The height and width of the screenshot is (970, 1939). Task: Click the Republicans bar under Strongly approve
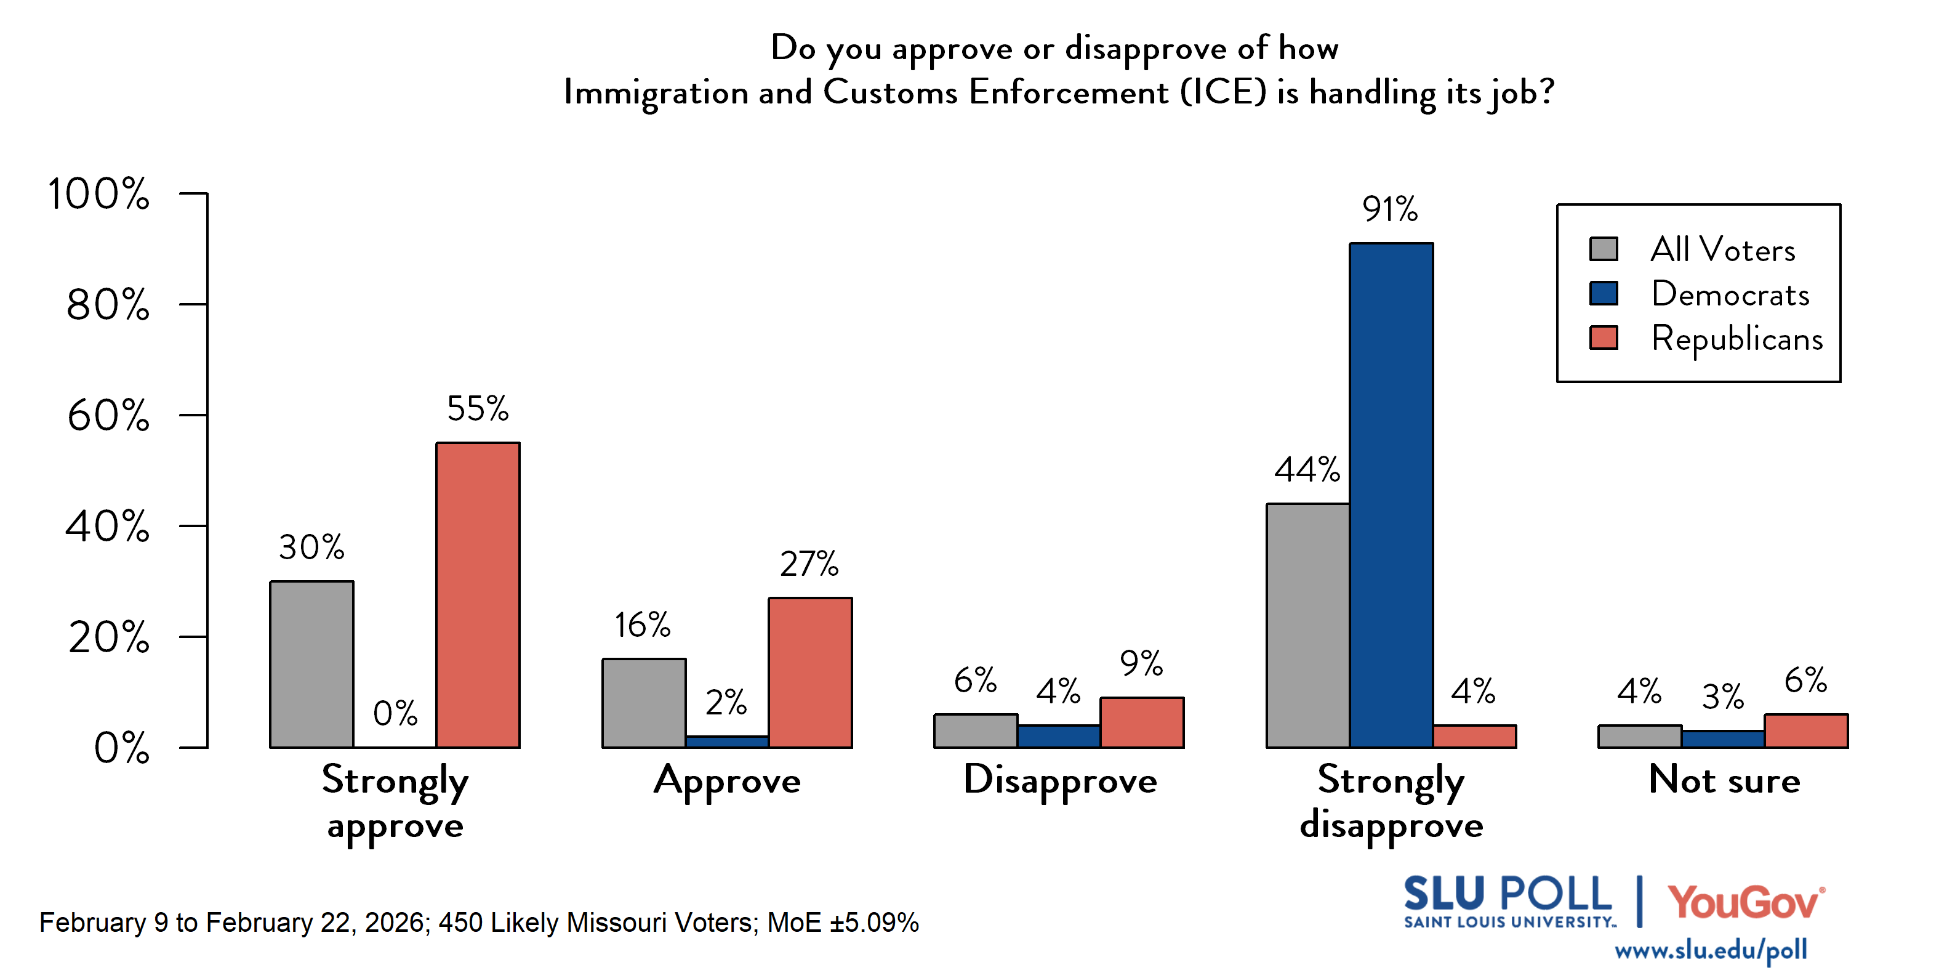tap(478, 595)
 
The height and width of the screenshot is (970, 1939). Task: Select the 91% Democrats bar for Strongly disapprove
tap(1391, 495)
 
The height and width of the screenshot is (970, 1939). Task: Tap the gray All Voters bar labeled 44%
tap(1307, 625)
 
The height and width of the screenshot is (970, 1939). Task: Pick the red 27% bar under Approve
tap(810, 673)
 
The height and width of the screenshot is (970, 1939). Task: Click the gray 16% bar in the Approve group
tap(644, 703)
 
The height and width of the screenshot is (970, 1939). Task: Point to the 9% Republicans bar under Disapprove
tap(1142, 722)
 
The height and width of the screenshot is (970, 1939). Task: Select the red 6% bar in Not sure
tap(1806, 730)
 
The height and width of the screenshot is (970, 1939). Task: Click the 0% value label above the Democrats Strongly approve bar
tap(395, 713)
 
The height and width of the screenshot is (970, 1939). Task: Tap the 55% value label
tap(478, 409)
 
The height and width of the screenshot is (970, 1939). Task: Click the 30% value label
tap(311, 548)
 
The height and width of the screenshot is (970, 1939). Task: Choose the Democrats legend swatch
tap(1604, 294)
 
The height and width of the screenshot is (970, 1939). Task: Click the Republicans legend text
tap(1736, 339)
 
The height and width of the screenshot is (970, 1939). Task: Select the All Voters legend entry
tap(1722, 249)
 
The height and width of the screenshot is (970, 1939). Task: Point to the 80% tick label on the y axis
tap(108, 305)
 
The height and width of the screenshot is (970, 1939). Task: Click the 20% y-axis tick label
tap(108, 638)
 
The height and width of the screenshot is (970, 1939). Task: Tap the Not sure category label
tap(1724, 780)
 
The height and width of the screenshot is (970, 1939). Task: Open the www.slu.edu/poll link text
tap(1710, 950)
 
